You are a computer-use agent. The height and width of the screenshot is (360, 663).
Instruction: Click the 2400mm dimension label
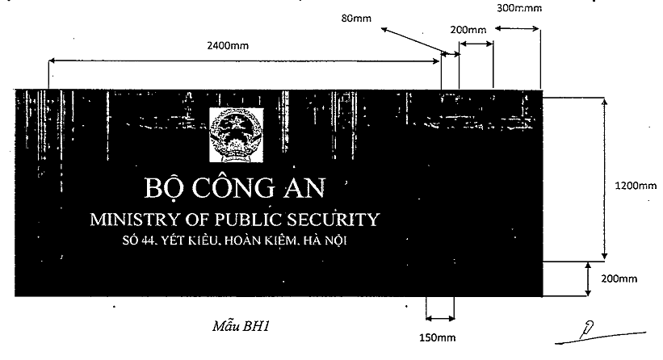click(228, 45)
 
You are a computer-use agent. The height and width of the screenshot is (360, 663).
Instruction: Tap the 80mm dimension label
click(356, 19)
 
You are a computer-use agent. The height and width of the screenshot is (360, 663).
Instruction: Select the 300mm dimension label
click(519, 7)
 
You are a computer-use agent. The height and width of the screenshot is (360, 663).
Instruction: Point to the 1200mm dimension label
click(636, 186)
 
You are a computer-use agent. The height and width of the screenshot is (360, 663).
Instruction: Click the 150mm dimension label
click(438, 337)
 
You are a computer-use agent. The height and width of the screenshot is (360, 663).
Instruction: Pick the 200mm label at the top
click(468, 30)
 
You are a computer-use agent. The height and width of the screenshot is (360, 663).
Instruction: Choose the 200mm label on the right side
click(619, 278)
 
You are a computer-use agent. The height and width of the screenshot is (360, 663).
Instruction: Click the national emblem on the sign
click(237, 134)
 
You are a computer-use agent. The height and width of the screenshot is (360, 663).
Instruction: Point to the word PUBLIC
click(248, 220)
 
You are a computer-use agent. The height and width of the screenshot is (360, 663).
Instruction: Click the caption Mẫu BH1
click(241, 326)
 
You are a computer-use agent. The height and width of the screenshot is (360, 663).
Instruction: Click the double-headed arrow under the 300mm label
click(517, 28)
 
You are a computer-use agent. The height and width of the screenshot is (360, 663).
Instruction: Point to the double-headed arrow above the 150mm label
click(440, 318)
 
